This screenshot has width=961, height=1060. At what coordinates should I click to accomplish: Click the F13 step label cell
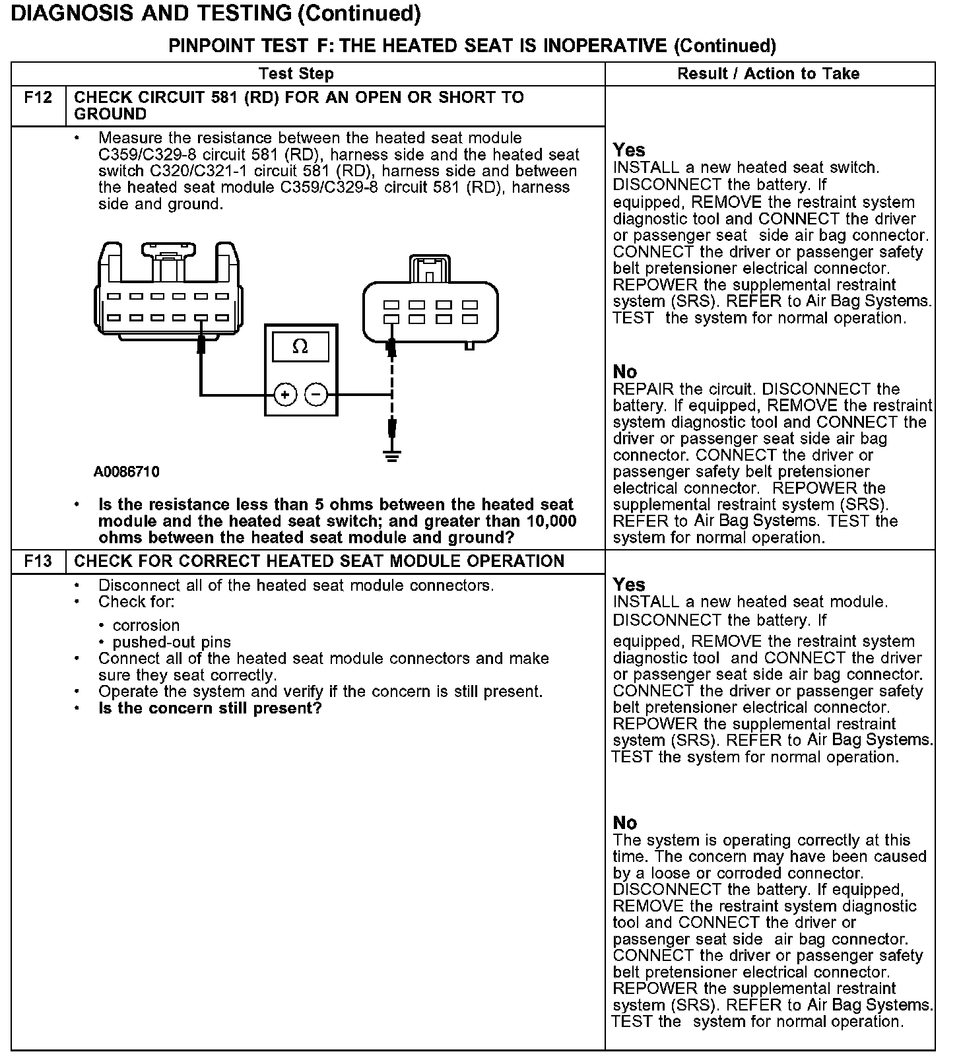(38, 562)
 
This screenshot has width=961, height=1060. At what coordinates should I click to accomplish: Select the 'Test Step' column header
(296, 74)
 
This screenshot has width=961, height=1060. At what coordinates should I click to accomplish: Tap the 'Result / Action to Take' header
(768, 74)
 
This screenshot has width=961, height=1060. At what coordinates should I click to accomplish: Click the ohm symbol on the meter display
(300, 347)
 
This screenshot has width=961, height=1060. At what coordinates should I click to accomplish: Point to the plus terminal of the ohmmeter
(285, 395)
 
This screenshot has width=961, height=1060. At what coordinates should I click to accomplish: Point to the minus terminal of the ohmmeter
(317, 395)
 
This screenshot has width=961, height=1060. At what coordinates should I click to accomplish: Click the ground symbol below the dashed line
(392, 455)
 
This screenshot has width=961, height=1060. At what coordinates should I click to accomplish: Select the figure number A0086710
(127, 473)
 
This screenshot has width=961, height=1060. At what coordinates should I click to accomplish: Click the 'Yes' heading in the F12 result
(628, 150)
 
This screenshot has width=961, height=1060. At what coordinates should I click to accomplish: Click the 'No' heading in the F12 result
(624, 372)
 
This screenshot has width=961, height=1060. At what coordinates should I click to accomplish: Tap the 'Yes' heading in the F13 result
(628, 585)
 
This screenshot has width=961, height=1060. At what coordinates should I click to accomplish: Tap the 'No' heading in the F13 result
(624, 823)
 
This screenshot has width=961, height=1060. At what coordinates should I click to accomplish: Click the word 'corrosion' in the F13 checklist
(146, 626)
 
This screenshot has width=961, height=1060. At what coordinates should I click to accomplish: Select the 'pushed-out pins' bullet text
(172, 642)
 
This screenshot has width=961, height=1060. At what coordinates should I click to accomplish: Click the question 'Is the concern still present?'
(210, 709)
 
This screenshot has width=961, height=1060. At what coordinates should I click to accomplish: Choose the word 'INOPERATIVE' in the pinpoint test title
(605, 46)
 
